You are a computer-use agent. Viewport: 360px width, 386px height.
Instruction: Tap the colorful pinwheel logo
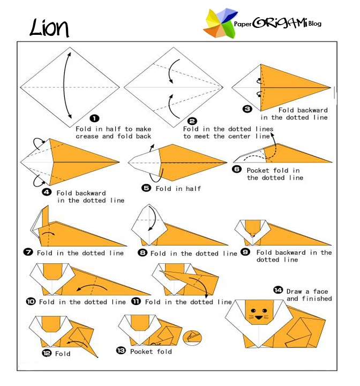pos(220,24)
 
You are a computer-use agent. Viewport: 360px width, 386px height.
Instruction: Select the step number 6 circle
pos(237,169)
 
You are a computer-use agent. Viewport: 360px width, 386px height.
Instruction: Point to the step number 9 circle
pos(245,251)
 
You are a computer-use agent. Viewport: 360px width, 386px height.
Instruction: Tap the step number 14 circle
pos(278,290)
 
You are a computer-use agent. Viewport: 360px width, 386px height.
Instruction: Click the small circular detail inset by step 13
pos(192,338)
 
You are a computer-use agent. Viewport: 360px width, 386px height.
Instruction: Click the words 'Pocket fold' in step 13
pos(151,351)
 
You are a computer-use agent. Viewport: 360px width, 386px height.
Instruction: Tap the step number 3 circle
pos(247,109)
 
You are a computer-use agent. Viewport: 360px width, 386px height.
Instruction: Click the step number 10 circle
pos(31,302)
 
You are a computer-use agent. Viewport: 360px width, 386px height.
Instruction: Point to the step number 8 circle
pos(142,253)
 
